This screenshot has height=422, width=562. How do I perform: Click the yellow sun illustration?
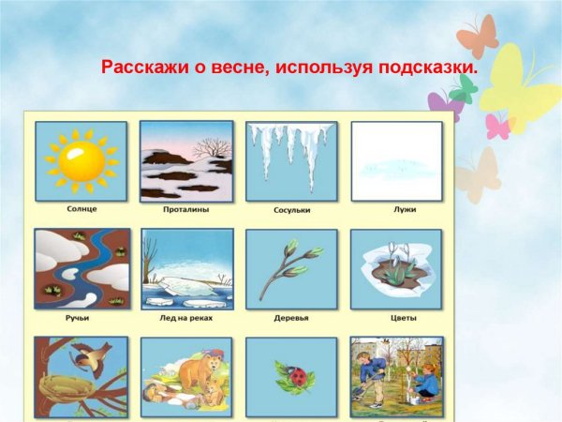[80, 160]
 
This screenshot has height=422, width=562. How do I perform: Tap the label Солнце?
[80, 209]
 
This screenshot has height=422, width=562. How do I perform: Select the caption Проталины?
[185, 209]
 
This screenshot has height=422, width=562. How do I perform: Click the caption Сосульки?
[291, 210]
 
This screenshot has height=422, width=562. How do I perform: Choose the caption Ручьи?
[80, 317]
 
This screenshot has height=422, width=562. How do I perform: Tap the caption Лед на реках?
[185, 317]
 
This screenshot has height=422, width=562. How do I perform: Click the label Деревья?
[291, 318]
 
